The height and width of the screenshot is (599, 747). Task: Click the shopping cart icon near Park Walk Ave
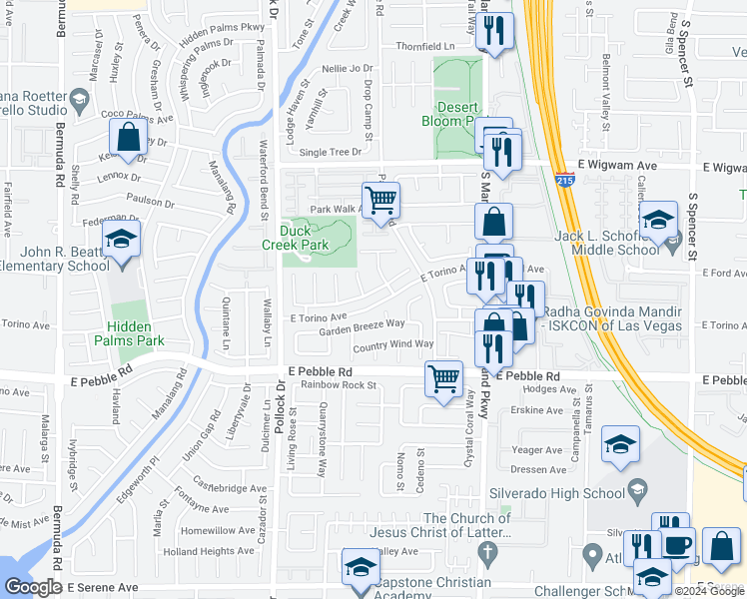click(379, 199)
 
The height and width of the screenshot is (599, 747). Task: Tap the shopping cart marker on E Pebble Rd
click(443, 377)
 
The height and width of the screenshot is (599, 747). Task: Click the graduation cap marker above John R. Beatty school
click(122, 239)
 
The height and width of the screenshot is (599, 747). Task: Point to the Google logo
click(33, 587)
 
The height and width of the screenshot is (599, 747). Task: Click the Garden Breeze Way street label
click(362, 326)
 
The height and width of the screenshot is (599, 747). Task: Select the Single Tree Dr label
click(330, 153)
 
